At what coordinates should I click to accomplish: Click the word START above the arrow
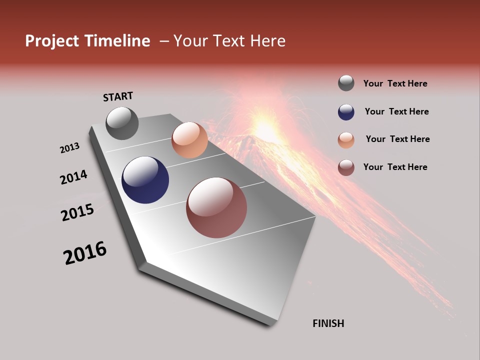point(118,96)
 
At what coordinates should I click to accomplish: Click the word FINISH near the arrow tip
point(328,323)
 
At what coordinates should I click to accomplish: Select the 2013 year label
point(69,148)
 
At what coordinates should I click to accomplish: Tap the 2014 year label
point(73,177)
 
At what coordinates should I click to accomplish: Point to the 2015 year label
point(77,212)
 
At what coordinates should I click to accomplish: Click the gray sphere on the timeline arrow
point(122,123)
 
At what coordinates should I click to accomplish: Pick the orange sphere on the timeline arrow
point(189,140)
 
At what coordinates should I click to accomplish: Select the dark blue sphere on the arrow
point(145,180)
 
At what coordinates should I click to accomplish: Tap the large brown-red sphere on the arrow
point(216,207)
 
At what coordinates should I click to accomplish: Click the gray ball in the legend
point(346,83)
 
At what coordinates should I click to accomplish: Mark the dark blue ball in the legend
point(346,112)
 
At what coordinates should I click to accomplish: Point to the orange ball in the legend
point(346,140)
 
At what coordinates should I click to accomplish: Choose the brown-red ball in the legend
point(346,167)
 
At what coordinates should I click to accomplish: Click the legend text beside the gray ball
point(395,84)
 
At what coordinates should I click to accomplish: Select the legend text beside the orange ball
point(397,139)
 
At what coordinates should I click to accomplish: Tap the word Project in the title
point(52,41)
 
